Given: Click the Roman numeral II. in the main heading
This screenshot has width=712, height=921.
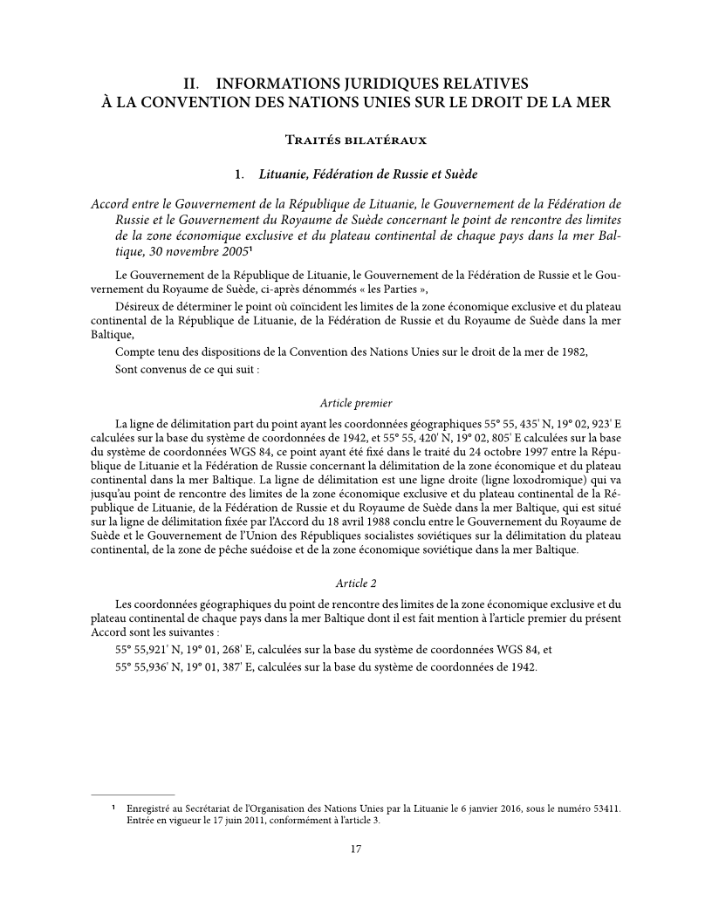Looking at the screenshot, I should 193,85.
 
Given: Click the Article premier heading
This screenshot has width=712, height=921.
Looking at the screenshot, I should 356,403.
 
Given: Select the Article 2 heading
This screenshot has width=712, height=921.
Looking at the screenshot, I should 356,583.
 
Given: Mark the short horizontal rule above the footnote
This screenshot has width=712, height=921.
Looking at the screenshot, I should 133,795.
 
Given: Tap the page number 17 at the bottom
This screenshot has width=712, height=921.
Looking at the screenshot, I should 356,849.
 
